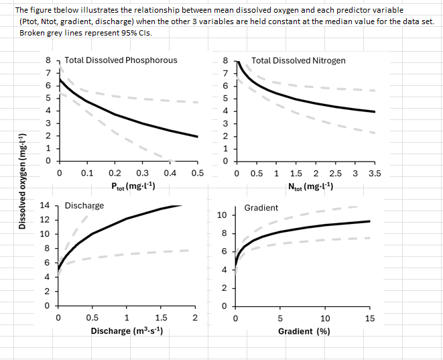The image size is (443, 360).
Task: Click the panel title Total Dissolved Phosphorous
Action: coord(121,60)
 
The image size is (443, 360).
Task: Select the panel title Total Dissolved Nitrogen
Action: coord(298,60)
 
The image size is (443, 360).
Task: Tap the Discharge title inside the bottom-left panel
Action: coord(84,205)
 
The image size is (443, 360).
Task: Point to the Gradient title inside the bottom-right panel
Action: coord(261,208)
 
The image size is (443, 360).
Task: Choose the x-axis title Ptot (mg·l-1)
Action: coord(133,186)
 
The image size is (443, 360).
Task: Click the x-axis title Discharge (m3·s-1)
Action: coord(129,331)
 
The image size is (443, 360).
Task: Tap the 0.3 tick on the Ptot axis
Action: coord(142,173)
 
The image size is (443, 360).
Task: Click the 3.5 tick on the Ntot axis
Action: coord(374,173)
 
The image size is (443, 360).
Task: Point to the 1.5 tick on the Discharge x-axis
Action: coord(161,318)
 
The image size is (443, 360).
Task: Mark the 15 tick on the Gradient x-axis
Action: coord(370,318)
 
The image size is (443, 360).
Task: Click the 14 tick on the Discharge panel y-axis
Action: coord(45,205)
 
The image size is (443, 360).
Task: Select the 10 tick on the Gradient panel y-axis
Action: coord(223,215)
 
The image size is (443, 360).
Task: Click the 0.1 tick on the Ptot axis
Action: coord(87,173)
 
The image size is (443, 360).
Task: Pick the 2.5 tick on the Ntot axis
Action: coord(335,173)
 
